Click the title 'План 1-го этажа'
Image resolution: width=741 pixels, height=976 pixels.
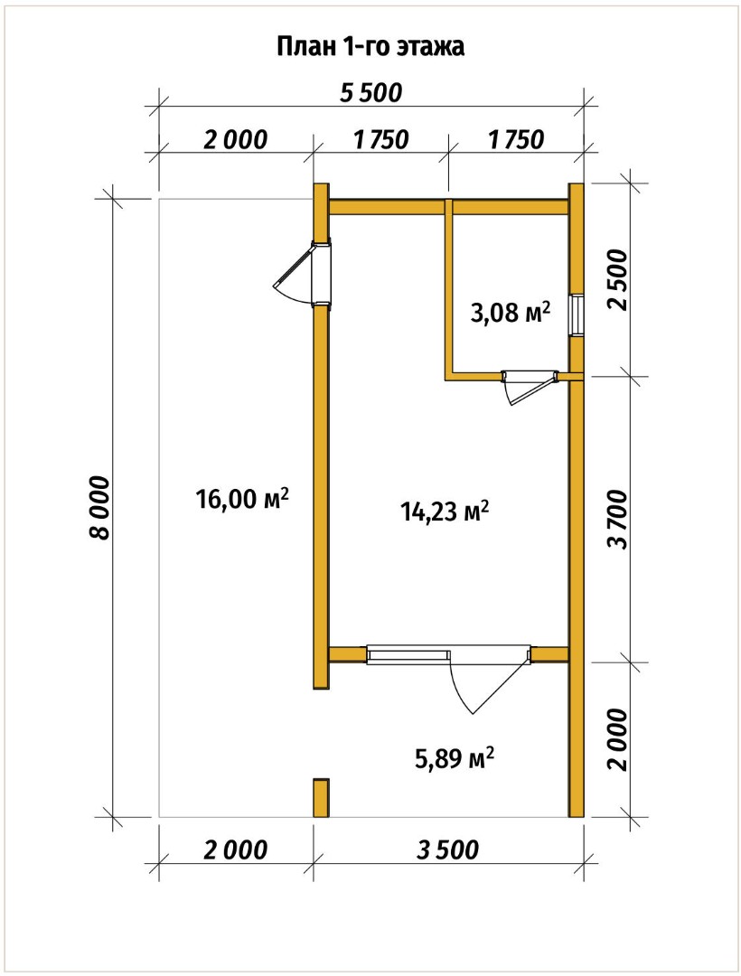tap(370, 47)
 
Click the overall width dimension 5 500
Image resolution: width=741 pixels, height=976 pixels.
tap(370, 93)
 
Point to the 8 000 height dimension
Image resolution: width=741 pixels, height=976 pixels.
tap(98, 508)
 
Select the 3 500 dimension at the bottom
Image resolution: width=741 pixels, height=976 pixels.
tap(448, 849)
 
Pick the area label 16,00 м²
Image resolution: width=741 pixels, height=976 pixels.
tap(242, 498)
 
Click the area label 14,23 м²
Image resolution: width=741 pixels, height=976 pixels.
tap(444, 511)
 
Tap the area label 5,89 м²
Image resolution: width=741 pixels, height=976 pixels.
tap(455, 757)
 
